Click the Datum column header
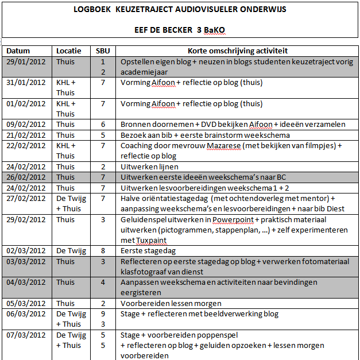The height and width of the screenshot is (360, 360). (x=18, y=51)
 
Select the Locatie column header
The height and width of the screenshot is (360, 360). (x=69, y=51)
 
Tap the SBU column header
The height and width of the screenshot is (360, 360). (x=103, y=51)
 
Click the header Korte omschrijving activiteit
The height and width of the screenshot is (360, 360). (x=238, y=51)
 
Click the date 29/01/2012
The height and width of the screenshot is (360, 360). (x=26, y=61)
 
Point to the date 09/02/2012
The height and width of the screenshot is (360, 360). (x=26, y=124)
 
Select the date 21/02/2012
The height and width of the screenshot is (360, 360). (x=26, y=135)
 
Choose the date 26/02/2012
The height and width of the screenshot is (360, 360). (x=26, y=177)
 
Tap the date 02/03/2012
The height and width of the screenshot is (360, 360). (x=26, y=250)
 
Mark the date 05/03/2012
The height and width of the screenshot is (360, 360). (x=26, y=303)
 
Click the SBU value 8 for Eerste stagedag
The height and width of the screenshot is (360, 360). (x=103, y=250)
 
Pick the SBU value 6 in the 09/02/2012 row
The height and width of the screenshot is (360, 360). (x=103, y=124)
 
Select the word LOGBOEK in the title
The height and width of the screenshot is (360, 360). (x=93, y=10)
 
